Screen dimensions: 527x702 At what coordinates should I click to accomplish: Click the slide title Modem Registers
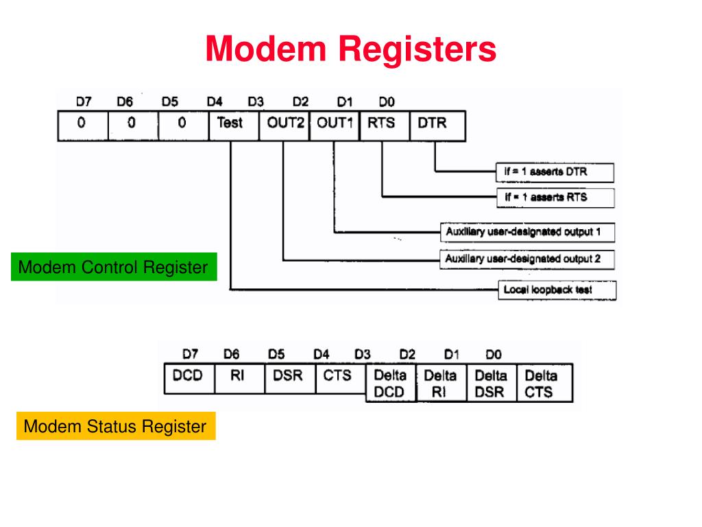click(350, 49)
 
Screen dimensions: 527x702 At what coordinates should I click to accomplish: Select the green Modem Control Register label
click(113, 267)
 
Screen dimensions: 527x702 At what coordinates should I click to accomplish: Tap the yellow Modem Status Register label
click(115, 426)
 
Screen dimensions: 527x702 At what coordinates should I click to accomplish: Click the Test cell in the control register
click(230, 124)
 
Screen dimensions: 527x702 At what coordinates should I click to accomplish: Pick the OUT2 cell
click(283, 124)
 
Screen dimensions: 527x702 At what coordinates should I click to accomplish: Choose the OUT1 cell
click(334, 124)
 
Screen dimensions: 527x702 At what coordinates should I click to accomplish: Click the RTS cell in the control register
click(381, 124)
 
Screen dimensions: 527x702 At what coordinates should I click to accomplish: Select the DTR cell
click(433, 124)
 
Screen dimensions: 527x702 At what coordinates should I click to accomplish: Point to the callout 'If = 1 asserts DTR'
click(555, 172)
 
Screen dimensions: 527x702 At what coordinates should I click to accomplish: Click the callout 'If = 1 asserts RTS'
click(555, 198)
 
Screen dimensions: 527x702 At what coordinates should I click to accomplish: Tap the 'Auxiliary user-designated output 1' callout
click(526, 232)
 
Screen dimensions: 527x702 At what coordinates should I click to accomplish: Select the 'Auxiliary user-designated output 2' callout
click(526, 259)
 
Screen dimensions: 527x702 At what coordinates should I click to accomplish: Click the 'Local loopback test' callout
click(557, 290)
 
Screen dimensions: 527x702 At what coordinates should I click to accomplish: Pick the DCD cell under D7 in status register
click(188, 376)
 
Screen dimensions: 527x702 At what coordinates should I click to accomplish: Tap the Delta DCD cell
click(389, 384)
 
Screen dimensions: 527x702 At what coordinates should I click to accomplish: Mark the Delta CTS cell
click(541, 384)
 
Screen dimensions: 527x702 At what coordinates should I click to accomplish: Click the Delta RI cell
click(440, 384)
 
